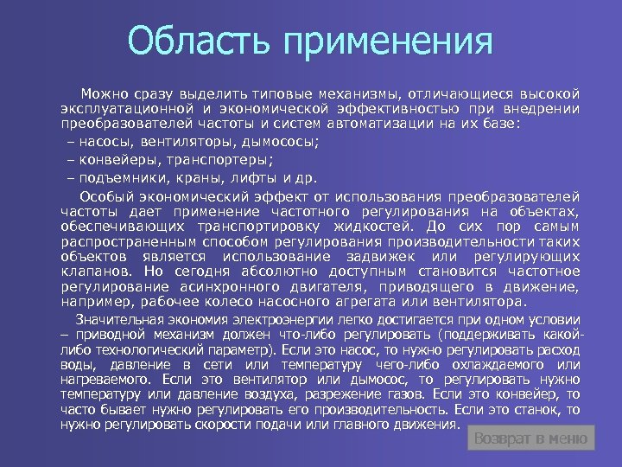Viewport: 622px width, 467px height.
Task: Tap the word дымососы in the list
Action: (280, 143)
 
